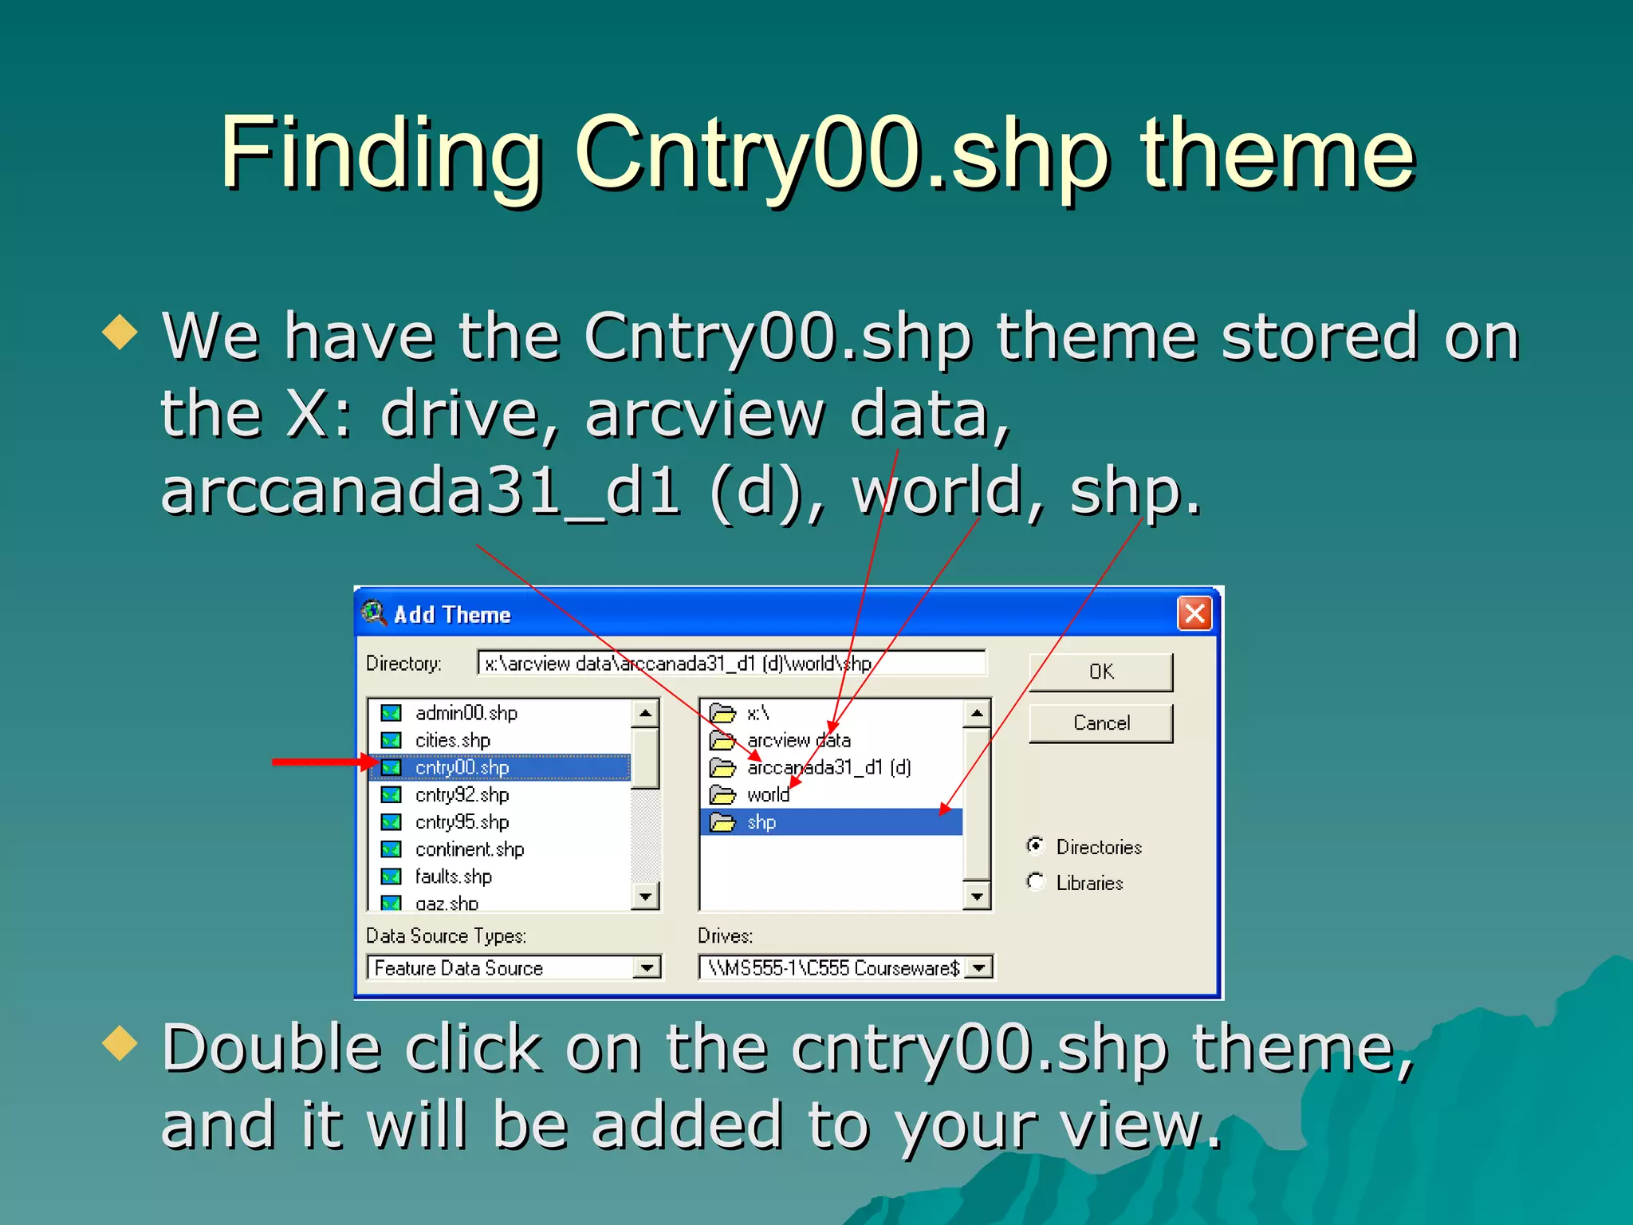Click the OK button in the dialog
tap(1100, 672)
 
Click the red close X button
tap(1194, 614)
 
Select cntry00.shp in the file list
tap(462, 767)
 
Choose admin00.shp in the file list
tap(466, 713)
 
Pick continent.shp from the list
tap(469, 849)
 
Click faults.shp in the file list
tap(453, 876)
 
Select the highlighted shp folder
tap(761, 822)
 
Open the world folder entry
tap(767, 795)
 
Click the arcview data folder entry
tap(797, 741)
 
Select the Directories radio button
tap(1036, 845)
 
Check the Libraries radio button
tap(1036, 881)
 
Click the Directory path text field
tap(730, 664)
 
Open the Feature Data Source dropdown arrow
tap(647, 968)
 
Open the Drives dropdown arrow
tap(978, 968)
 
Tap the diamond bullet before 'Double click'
tap(120, 1044)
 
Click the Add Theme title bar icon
tap(373, 613)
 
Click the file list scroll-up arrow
tap(645, 713)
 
